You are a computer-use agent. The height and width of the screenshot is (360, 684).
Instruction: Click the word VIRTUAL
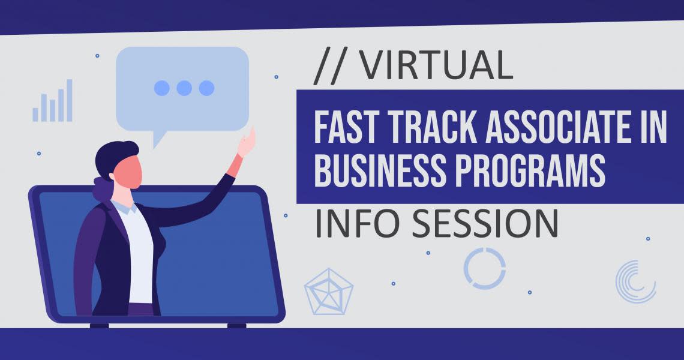[437, 65]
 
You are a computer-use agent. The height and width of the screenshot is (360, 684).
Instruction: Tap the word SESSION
[485, 223]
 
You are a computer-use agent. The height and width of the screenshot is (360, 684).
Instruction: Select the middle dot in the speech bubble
[184, 88]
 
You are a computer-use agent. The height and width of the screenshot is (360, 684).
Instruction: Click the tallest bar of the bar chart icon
[69, 100]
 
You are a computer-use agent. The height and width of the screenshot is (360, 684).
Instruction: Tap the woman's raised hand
[247, 142]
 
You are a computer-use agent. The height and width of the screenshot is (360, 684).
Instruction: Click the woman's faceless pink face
[128, 172]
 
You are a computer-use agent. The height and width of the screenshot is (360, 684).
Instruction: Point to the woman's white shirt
[139, 253]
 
